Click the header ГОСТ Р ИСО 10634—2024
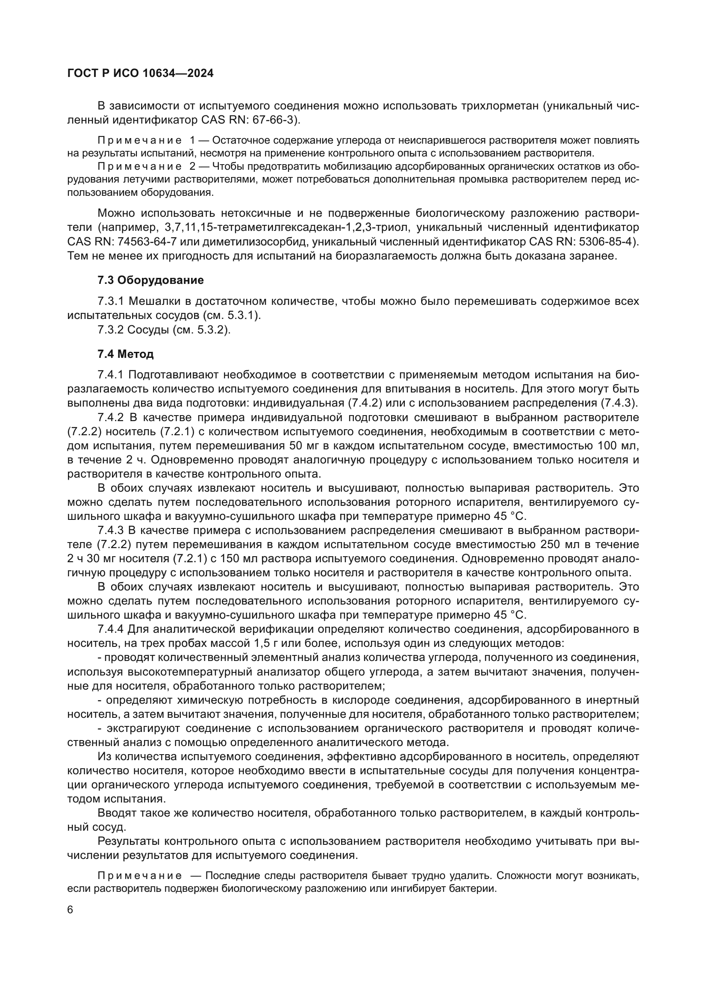[x=140, y=73]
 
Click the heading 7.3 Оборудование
[x=150, y=280]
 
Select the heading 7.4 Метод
[x=125, y=354]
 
